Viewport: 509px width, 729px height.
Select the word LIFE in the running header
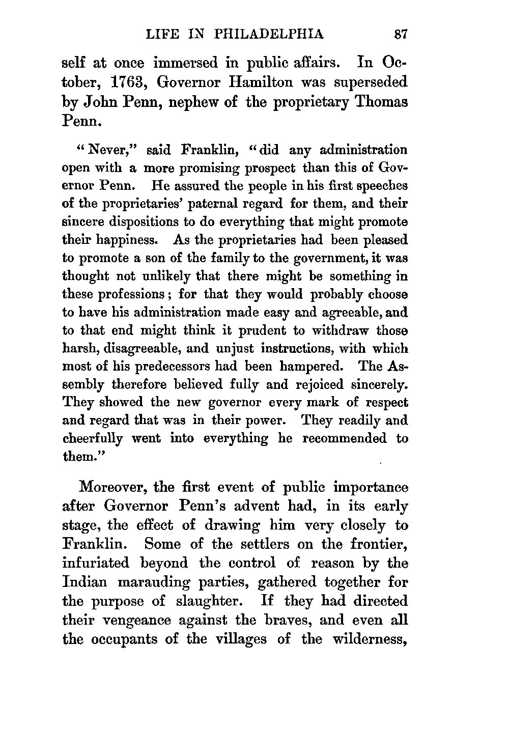coord(161,35)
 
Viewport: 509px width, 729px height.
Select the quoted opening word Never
coord(107,151)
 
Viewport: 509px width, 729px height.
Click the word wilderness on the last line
coord(370,639)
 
